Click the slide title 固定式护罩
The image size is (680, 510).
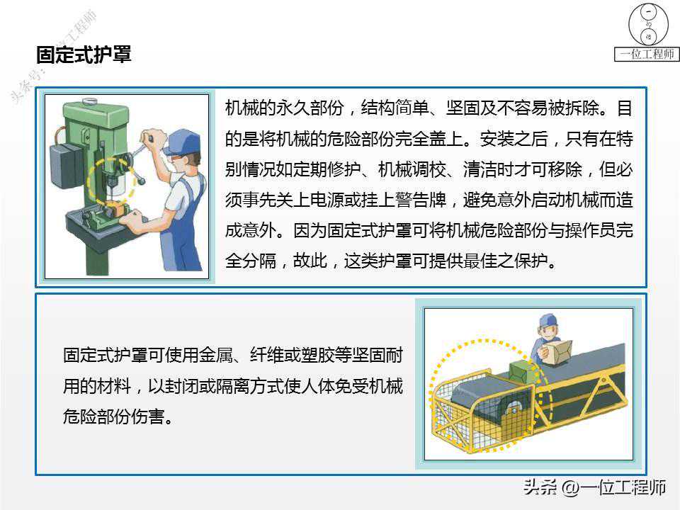pyautogui.click(x=84, y=55)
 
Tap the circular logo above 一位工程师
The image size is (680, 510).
pyautogui.click(x=648, y=24)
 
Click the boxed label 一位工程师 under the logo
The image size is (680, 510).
pyautogui.click(x=647, y=55)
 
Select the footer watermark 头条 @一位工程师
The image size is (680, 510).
pyautogui.click(x=594, y=487)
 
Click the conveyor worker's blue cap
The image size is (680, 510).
pyautogui.click(x=548, y=320)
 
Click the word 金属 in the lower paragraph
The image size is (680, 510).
pyautogui.click(x=215, y=355)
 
